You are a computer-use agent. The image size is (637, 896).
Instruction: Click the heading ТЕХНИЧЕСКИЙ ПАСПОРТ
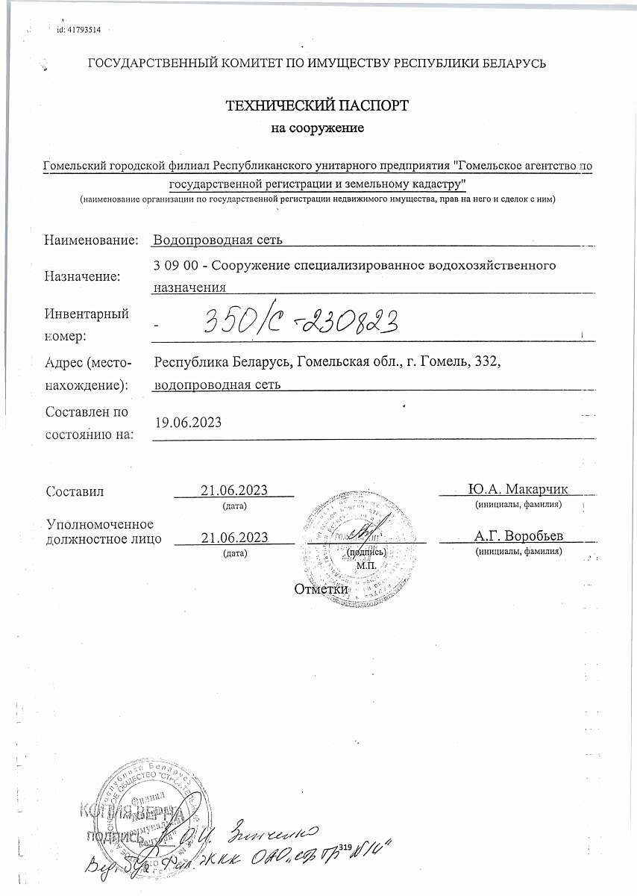point(317,105)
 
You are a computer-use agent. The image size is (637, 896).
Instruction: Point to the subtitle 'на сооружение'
point(317,128)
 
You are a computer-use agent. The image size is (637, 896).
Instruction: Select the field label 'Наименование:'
point(92,240)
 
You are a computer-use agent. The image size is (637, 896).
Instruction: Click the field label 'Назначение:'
point(83,277)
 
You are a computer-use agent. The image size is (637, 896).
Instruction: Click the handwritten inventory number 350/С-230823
point(298,323)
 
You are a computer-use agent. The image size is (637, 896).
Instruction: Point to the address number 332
point(487,362)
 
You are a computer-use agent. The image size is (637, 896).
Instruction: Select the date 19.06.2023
point(189,422)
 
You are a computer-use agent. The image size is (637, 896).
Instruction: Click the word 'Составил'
point(75,491)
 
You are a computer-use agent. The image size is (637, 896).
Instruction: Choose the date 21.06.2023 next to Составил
point(234,490)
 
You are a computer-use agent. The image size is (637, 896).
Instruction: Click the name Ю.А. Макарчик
point(518,489)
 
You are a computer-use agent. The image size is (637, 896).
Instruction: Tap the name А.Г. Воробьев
point(518,536)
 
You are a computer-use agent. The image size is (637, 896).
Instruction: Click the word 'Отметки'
point(321,589)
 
